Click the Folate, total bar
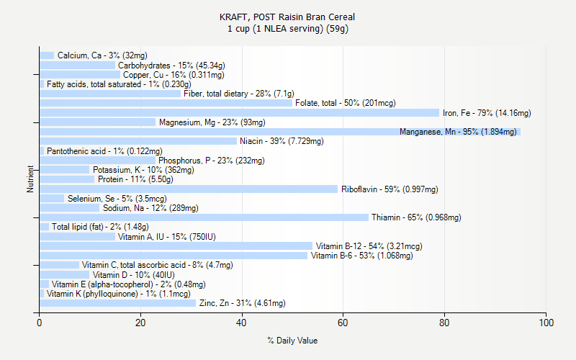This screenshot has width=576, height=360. click(166, 103)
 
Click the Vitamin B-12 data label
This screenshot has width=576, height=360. click(369, 246)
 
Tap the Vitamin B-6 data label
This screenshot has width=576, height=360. click(361, 256)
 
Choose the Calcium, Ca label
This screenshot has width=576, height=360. click(102, 55)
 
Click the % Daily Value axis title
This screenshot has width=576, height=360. click(292, 341)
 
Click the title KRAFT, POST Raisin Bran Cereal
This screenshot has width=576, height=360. click(287, 17)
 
